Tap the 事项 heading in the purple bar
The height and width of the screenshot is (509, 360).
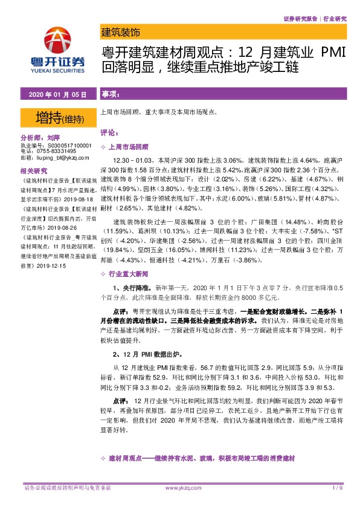109,95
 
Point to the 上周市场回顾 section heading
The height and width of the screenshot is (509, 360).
127,146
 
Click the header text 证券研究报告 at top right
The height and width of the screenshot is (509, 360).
301,19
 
